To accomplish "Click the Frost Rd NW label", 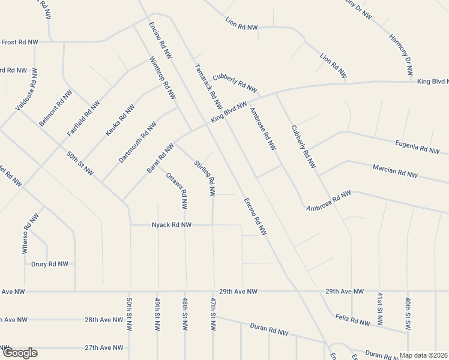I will [20, 42].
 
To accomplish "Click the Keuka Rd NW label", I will [119, 119].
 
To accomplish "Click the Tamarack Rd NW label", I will [208, 85].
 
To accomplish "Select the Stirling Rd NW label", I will [205, 178].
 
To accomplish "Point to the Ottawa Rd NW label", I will [178, 191].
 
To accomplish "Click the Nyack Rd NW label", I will [172, 224].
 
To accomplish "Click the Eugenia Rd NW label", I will [418, 146].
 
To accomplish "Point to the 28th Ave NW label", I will [104, 320].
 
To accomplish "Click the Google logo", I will [19, 353].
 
